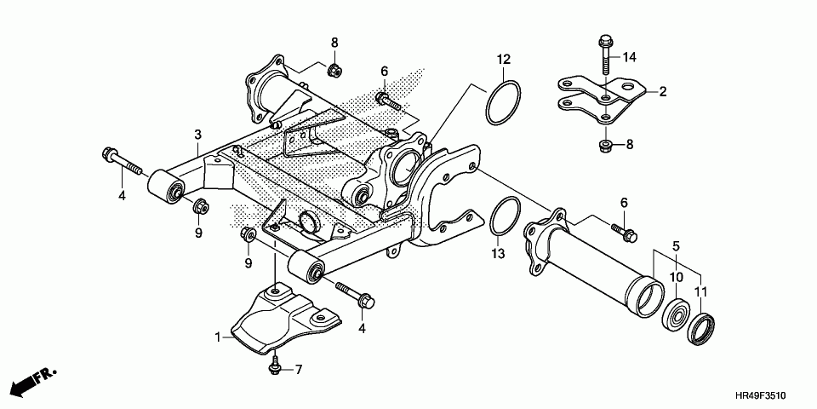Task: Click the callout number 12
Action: [x=504, y=60]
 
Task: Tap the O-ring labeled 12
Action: [x=502, y=101]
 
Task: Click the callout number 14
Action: [x=629, y=58]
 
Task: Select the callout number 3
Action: [x=197, y=135]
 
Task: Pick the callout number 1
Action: [x=217, y=337]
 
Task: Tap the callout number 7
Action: [x=298, y=369]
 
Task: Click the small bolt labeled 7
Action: [x=274, y=366]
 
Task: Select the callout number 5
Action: [x=677, y=247]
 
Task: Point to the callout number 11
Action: [x=701, y=292]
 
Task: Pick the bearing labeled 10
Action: [x=677, y=315]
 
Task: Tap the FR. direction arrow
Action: [x=35, y=381]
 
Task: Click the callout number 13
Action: [x=498, y=254]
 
